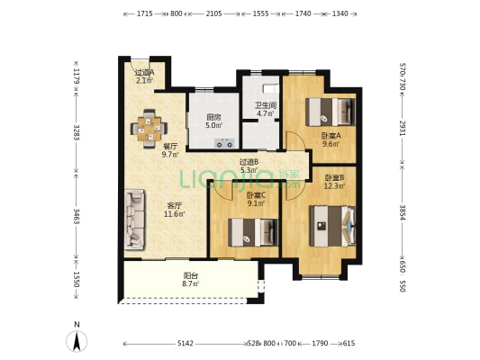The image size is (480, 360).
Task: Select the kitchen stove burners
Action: pyautogui.click(x=224, y=143)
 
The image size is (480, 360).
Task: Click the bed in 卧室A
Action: pyautogui.click(x=331, y=112)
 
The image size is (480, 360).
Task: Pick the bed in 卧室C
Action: pyautogui.click(x=253, y=232)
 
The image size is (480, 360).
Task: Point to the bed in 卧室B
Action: pyautogui.click(x=332, y=226)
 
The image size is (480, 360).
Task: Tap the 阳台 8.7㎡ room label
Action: pyautogui.click(x=190, y=280)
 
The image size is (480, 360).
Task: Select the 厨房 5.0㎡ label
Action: pyautogui.click(x=213, y=121)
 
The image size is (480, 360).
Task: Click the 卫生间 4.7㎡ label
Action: pyautogui.click(x=266, y=110)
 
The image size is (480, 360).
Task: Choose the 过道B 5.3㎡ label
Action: pyautogui.click(x=249, y=166)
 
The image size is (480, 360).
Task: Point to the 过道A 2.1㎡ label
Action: pyautogui.click(x=144, y=76)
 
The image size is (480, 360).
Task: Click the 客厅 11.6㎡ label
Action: pyautogui.click(x=174, y=210)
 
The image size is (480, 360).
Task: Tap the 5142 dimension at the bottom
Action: pyautogui.click(x=186, y=344)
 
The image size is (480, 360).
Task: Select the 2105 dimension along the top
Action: pyautogui.click(x=213, y=13)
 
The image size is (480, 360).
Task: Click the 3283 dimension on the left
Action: pyautogui.click(x=77, y=132)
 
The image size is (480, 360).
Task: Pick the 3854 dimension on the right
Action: pyautogui.click(x=403, y=212)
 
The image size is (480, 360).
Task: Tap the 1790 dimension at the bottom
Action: pyautogui.click(x=320, y=344)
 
